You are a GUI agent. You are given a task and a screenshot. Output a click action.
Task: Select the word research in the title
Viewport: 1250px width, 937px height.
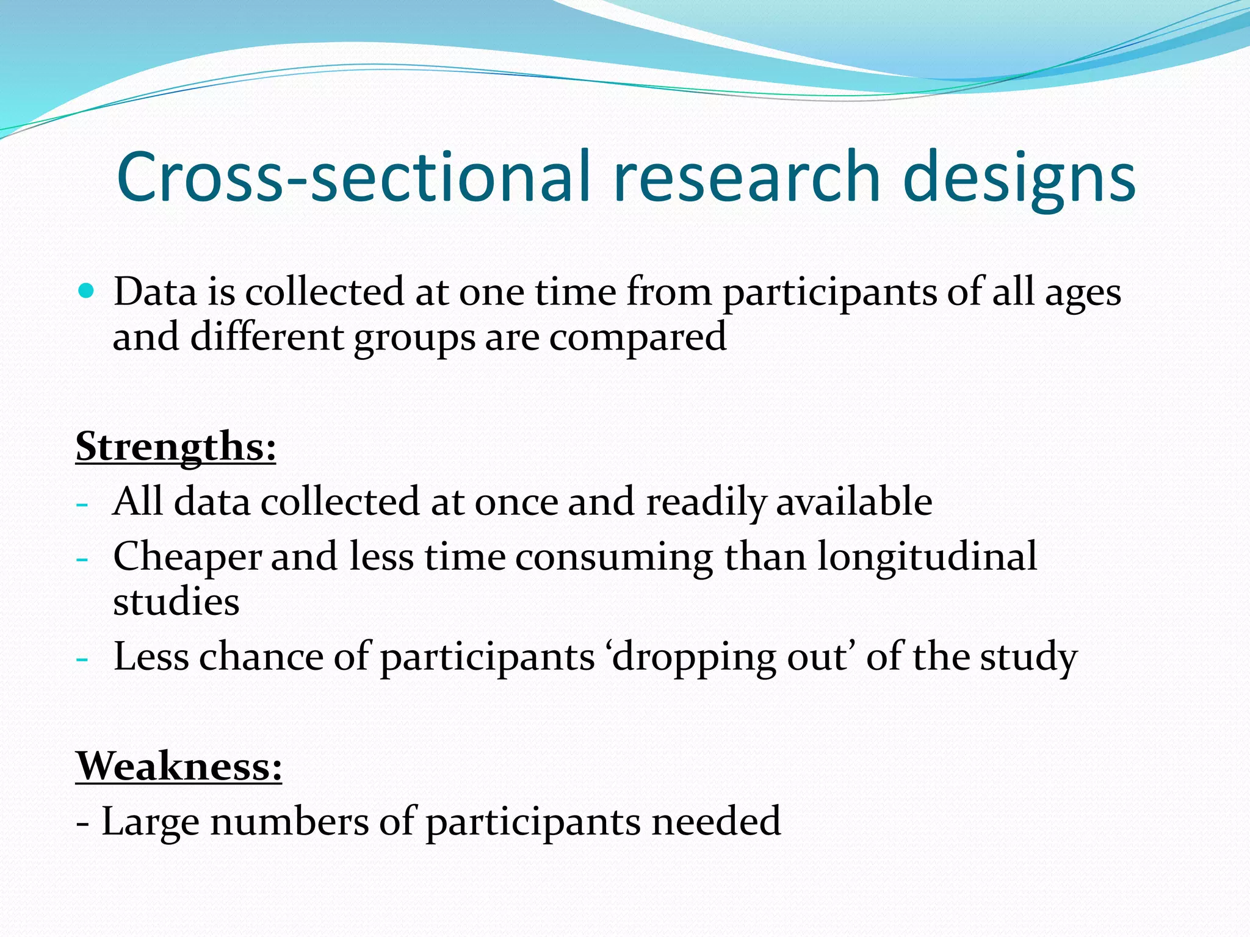click(x=747, y=177)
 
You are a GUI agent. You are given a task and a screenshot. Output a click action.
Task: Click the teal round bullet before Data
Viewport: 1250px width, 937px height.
click(x=87, y=290)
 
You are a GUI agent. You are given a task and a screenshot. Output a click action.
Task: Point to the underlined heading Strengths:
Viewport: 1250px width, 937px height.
click(x=176, y=447)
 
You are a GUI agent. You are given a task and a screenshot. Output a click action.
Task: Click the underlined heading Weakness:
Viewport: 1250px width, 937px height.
click(x=179, y=766)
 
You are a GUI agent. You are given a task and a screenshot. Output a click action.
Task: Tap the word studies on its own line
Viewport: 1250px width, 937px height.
click(x=176, y=603)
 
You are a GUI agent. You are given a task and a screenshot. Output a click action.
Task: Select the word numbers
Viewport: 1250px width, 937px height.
click(x=289, y=821)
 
